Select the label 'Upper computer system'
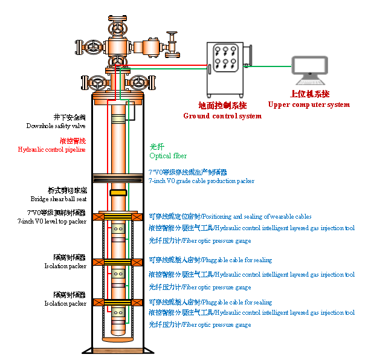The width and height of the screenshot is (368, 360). coord(309,104)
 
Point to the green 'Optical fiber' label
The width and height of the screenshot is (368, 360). coord(168,156)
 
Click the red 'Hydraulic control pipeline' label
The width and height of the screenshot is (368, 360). coord(52,149)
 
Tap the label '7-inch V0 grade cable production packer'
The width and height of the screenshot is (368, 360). coord(201,181)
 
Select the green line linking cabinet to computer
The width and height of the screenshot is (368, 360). coord(270,66)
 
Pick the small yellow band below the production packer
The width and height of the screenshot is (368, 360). coord(118,193)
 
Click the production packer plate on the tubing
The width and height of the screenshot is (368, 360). coord(118,178)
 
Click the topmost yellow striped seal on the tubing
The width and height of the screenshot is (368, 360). coord(118,217)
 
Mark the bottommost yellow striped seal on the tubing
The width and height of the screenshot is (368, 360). coord(118,302)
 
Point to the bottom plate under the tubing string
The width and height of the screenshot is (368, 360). coord(118,350)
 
